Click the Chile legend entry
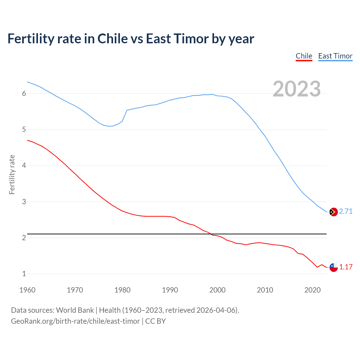coord(304,56)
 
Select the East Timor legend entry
coord(335,56)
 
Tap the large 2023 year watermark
coord(296,89)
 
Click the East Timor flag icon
coord(333,212)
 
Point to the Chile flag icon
coord(333,267)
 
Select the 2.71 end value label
coord(346,211)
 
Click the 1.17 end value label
coord(346,267)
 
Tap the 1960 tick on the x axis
coord(27,290)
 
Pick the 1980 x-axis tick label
coord(122,290)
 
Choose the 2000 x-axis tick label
coord(217,290)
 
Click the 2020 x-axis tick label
coord(312,290)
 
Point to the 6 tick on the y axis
coord(24,94)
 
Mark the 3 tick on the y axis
coord(24,202)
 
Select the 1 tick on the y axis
coord(24,274)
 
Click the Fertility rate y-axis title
coord(12,174)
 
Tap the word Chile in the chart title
coord(112,39)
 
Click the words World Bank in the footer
coord(75,310)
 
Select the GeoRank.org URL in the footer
coord(75,321)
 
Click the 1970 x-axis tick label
coord(75,290)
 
